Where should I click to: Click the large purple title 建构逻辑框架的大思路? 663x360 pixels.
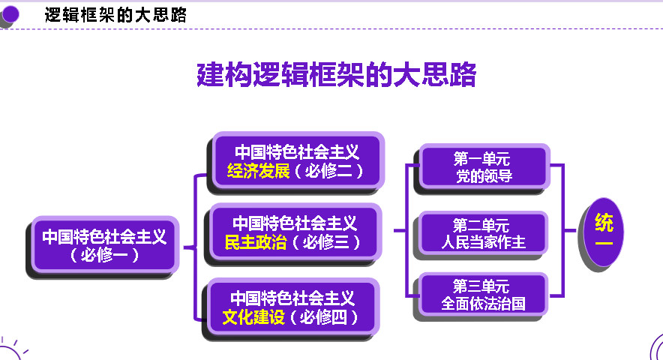337,75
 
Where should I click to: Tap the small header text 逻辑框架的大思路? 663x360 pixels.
115,15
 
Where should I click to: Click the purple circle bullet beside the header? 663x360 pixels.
10,14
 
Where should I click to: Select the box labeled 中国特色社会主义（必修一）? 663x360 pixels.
105,245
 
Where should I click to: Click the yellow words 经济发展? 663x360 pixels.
258,171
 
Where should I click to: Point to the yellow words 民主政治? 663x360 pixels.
256,242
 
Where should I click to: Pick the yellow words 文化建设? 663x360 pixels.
253,317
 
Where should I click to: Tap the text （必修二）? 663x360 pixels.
328,171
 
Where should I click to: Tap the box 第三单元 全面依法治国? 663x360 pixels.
483,295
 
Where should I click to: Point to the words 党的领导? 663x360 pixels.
484,175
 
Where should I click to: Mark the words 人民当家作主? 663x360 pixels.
484,242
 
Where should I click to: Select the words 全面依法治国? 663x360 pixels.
483,303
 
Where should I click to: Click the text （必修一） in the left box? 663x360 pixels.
104,255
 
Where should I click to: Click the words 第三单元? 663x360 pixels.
481,286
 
